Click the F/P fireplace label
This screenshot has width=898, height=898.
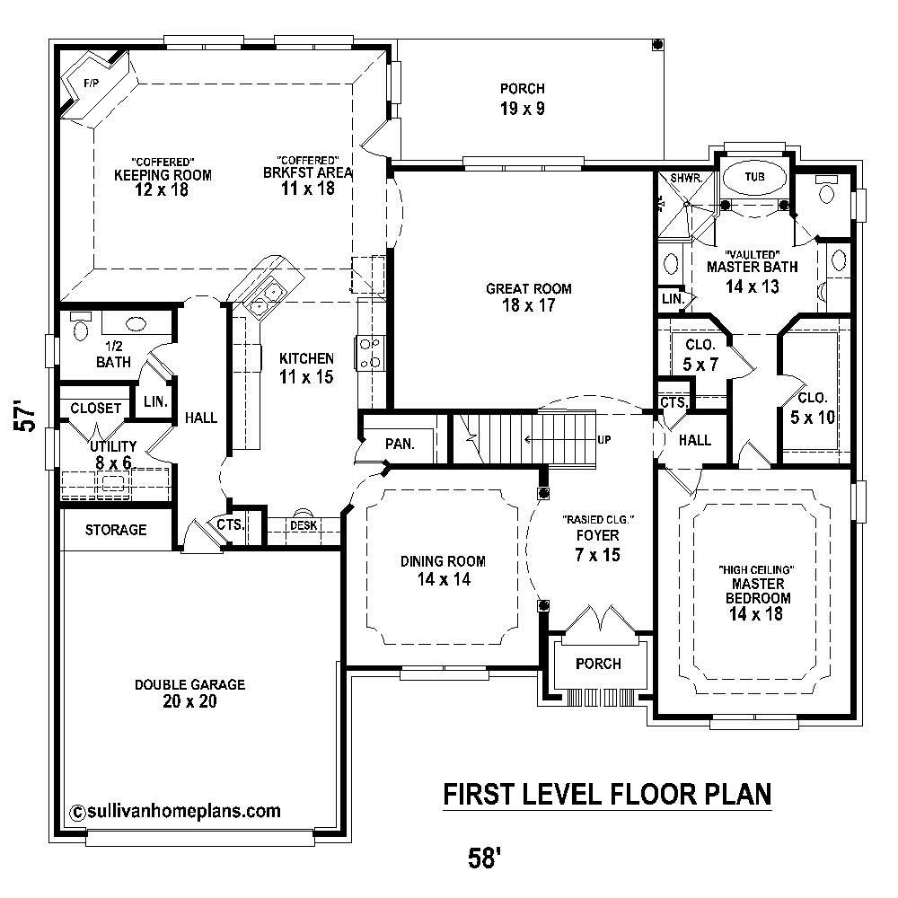(90, 84)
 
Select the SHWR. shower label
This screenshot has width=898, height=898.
(683, 178)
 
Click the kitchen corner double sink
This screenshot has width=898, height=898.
(267, 299)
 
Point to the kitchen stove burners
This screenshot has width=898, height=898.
(370, 352)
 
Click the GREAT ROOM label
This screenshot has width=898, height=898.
(528, 289)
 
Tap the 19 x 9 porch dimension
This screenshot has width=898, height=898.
(522, 109)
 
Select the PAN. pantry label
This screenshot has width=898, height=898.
(398, 443)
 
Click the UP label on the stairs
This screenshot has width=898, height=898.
(605, 440)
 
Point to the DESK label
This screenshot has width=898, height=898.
(301, 525)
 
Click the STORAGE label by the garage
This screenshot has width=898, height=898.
(116, 530)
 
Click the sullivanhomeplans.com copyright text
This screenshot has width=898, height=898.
(174, 811)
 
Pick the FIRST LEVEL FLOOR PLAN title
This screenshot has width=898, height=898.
(607, 794)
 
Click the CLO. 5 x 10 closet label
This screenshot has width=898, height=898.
(813, 406)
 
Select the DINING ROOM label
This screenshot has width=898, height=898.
(443, 561)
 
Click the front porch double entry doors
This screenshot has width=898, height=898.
(597, 617)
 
